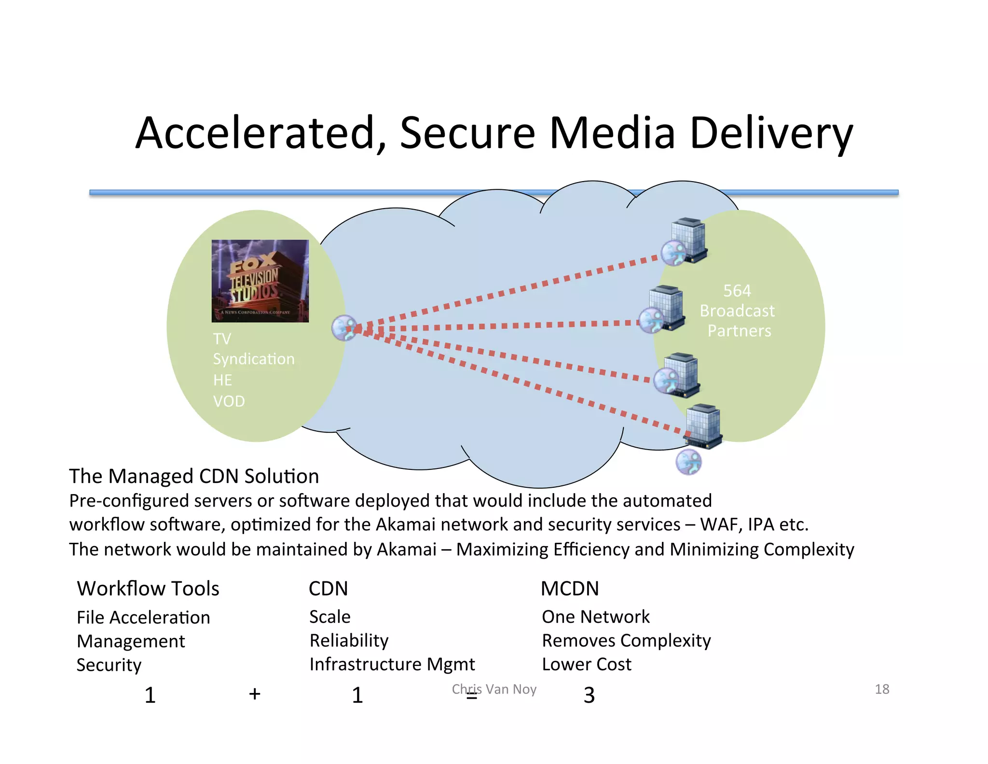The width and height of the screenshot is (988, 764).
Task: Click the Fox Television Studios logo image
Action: coord(260,281)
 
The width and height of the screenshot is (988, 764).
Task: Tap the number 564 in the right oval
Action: coord(737,291)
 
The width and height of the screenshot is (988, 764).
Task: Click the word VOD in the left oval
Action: coord(229,401)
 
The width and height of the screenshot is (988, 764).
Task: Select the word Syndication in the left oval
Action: coord(254,359)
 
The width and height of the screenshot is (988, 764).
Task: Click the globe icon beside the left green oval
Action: coord(345,328)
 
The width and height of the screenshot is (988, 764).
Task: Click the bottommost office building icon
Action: coord(704,425)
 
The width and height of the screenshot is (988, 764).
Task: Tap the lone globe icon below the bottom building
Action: coord(688,462)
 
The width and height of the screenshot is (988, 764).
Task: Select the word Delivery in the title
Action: coord(771,134)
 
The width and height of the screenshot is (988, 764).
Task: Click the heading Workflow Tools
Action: coord(148,589)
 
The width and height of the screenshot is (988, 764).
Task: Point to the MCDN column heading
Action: coord(569,589)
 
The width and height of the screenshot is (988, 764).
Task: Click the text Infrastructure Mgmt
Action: coord(392,665)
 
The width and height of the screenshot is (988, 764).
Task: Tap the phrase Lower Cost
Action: coord(586,665)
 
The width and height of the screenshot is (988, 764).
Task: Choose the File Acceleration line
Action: coord(143,618)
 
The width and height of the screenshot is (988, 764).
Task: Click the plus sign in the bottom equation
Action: coord(255,694)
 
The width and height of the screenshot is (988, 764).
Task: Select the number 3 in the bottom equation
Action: coord(589,695)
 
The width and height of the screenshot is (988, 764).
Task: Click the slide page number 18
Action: coord(882,689)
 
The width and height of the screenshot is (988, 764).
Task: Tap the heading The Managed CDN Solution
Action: coord(194,476)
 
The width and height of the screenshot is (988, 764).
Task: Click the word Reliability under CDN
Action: coord(349,641)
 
